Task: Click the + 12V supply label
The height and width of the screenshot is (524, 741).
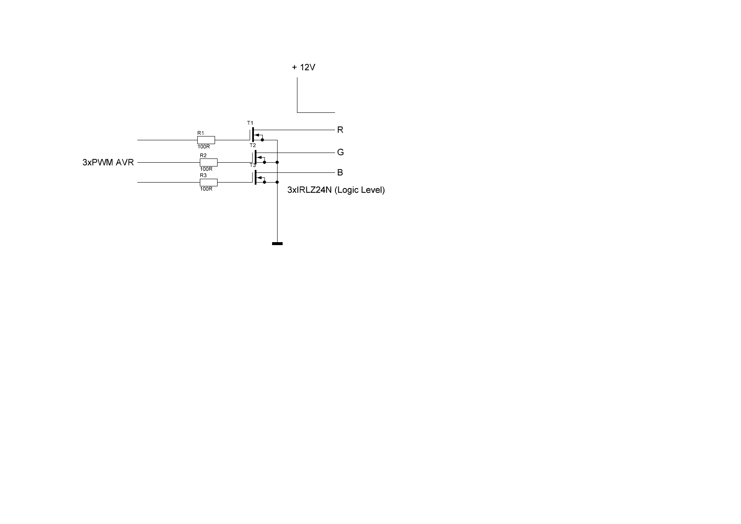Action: point(304,67)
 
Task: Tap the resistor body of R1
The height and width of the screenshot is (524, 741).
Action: point(206,140)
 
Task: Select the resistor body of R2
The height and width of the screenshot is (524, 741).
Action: point(209,162)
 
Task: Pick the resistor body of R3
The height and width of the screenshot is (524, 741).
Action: point(209,183)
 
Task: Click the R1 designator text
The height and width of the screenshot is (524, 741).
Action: point(201,133)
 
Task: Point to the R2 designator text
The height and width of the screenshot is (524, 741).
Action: point(203,156)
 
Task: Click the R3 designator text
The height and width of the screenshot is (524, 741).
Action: point(203,175)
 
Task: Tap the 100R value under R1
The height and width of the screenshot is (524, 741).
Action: point(204,147)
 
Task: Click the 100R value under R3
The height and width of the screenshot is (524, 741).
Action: point(206,189)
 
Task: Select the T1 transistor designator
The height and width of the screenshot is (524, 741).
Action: point(250,123)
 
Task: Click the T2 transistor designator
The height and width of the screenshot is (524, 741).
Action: point(253,145)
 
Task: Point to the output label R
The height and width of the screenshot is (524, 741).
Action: point(340,130)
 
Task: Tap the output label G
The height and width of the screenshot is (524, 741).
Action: point(341,152)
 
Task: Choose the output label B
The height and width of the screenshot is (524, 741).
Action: point(340,173)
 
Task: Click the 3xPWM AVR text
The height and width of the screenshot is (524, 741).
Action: point(108,162)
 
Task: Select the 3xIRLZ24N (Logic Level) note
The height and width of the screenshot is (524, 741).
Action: point(336,190)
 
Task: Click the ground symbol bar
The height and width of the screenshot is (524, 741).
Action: point(277,243)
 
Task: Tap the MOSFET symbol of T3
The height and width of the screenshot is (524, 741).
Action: point(259,177)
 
